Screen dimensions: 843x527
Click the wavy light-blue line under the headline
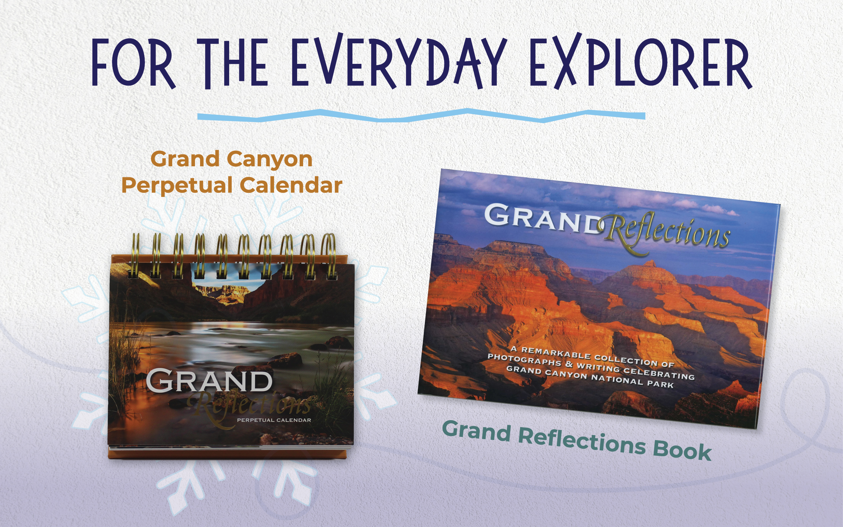coord(421,116)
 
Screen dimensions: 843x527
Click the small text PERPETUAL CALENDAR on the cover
coord(274,420)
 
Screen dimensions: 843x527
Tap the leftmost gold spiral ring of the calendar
coord(135,256)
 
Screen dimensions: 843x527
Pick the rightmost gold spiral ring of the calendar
coord(329,256)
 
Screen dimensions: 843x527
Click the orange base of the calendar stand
coord(227,453)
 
